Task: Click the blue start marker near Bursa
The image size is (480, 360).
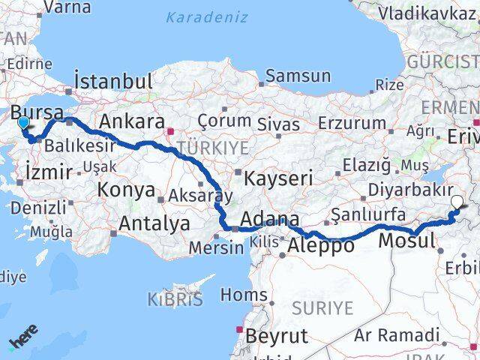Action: [23, 123]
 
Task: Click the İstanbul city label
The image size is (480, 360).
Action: [114, 81]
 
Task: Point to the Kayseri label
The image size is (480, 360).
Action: [278, 178]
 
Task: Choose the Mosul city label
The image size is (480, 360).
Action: [406, 241]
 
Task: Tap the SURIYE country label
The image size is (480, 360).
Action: [322, 307]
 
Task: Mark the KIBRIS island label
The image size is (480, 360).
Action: [176, 299]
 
